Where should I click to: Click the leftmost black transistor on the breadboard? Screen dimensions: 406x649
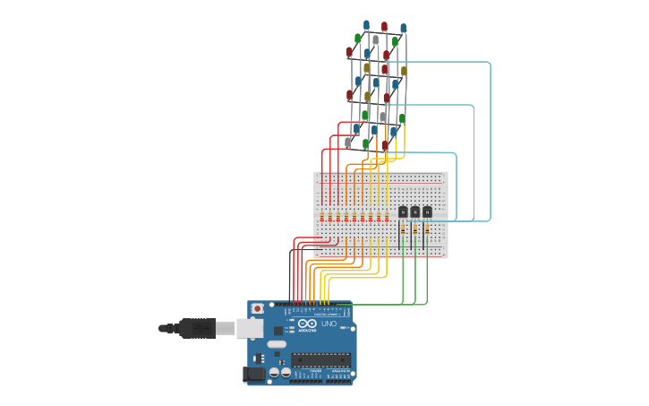(403, 212)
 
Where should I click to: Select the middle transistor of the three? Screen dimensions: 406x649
(415, 212)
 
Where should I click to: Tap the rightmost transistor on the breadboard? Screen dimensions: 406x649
(427, 212)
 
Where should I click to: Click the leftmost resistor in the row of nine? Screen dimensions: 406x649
(321, 217)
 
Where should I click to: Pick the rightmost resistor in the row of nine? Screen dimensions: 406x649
(387, 217)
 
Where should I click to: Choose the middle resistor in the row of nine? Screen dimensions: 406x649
(354, 217)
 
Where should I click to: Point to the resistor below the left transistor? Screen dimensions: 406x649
(403, 229)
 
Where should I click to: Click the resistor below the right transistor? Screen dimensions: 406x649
(427, 229)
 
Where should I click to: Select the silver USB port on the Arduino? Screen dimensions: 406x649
(251, 328)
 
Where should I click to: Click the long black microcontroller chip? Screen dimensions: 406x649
(320, 359)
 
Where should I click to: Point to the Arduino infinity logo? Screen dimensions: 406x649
(307, 324)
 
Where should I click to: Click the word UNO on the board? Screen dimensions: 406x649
(329, 324)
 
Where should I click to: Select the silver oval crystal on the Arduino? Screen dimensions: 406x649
(277, 344)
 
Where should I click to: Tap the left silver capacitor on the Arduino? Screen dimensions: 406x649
(274, 372)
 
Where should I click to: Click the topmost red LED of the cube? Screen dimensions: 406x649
(384, 27)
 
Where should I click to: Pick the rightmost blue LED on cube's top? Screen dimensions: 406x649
(403, 29)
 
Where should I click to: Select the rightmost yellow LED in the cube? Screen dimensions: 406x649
(404, 71)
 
